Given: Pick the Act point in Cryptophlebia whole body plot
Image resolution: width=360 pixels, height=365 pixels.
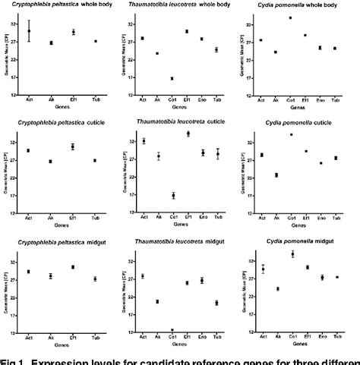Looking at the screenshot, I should click(x=29, y=31).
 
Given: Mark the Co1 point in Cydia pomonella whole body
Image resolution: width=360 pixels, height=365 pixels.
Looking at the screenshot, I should click(x=289, y=17).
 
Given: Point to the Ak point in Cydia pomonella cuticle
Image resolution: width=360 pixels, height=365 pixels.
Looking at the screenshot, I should click(x=276, y=175).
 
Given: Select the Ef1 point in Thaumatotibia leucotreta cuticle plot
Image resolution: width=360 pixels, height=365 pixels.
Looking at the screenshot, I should click(x=188, y=134).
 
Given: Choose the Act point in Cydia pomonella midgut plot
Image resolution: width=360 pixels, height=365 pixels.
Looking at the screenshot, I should click(x=262, y=269).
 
